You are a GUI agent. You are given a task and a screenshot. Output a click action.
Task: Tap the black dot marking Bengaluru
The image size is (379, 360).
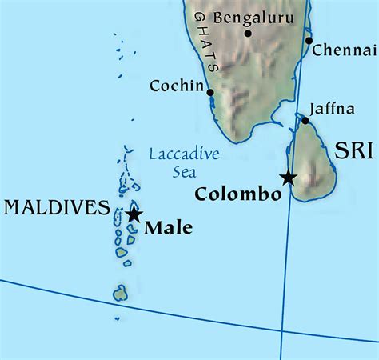click(x=248, y=33)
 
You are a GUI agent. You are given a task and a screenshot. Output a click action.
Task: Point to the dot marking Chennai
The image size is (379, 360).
click(x=309, y=40)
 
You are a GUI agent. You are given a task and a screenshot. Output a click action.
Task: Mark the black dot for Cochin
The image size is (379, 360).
click(x=210, y=92)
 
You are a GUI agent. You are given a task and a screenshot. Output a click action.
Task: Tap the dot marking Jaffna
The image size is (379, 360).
click(x=305, y=121)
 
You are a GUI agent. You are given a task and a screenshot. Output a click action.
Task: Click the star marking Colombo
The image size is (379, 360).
click(x=288, y=178)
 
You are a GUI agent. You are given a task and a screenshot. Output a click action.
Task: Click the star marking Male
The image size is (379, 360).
click(x=134, y=214)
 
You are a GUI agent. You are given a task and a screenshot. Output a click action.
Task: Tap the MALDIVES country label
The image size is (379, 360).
click(x=57, y=209)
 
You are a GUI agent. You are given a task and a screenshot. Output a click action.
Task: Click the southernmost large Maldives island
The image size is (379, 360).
click(x=120, y=294)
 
